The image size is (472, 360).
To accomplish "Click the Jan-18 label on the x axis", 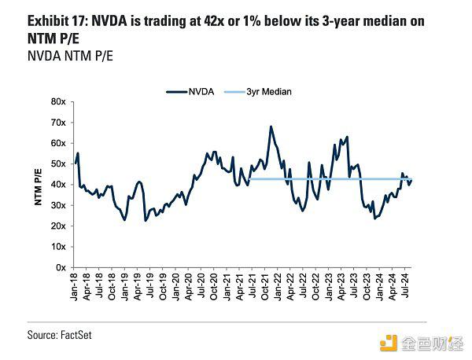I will (x=76, y=287).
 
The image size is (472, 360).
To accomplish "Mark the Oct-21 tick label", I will (x=266, y=287).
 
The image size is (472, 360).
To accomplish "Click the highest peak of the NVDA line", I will (x=271, y=126).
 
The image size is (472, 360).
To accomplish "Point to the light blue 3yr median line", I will (x=330, y=180).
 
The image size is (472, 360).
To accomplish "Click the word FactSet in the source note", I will (x=83, y=336).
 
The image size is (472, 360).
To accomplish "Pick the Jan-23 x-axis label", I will (x=330, y=287).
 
